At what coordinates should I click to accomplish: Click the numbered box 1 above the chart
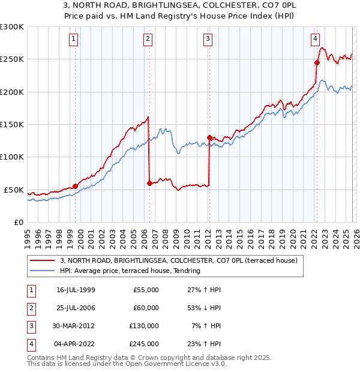[73, 40]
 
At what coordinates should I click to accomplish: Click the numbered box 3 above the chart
[208, 40]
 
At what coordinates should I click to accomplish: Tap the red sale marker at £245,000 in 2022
[316, 62]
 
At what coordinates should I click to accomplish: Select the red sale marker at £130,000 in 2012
[209, 137]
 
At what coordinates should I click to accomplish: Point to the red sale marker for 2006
[149, 183]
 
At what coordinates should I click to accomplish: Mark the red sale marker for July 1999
[75, 186]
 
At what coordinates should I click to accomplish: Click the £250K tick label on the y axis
[11, 59]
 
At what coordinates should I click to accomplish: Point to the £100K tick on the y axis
[11, 157]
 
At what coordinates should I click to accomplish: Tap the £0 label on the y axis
[18, 222]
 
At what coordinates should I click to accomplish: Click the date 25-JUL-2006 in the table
[76, 308]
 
